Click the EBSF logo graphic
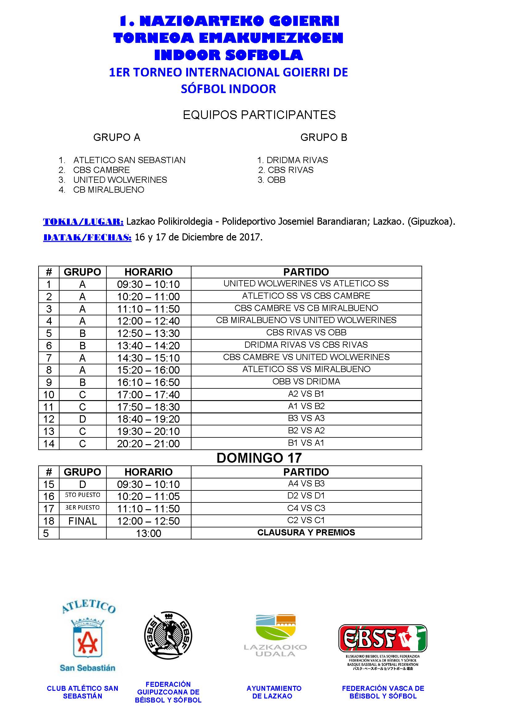coord(382,638)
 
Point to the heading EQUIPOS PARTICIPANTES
coord(259,115)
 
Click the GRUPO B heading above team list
coord(323,137)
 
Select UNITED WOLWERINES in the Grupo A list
coord(120,180)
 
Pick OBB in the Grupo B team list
coord(276,180)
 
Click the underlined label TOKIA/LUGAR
coord(83,222)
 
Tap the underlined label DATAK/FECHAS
coord(87,237)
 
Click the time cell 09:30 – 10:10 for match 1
coord(149,284)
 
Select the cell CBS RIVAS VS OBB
coord(306,332)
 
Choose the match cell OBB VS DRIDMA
coord(306,381)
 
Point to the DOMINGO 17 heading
coord(259,458)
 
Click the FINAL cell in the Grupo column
coord(83,521)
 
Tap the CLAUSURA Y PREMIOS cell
coord(306,533)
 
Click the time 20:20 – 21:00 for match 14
coord(149,444)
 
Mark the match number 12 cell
coord(49,419)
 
